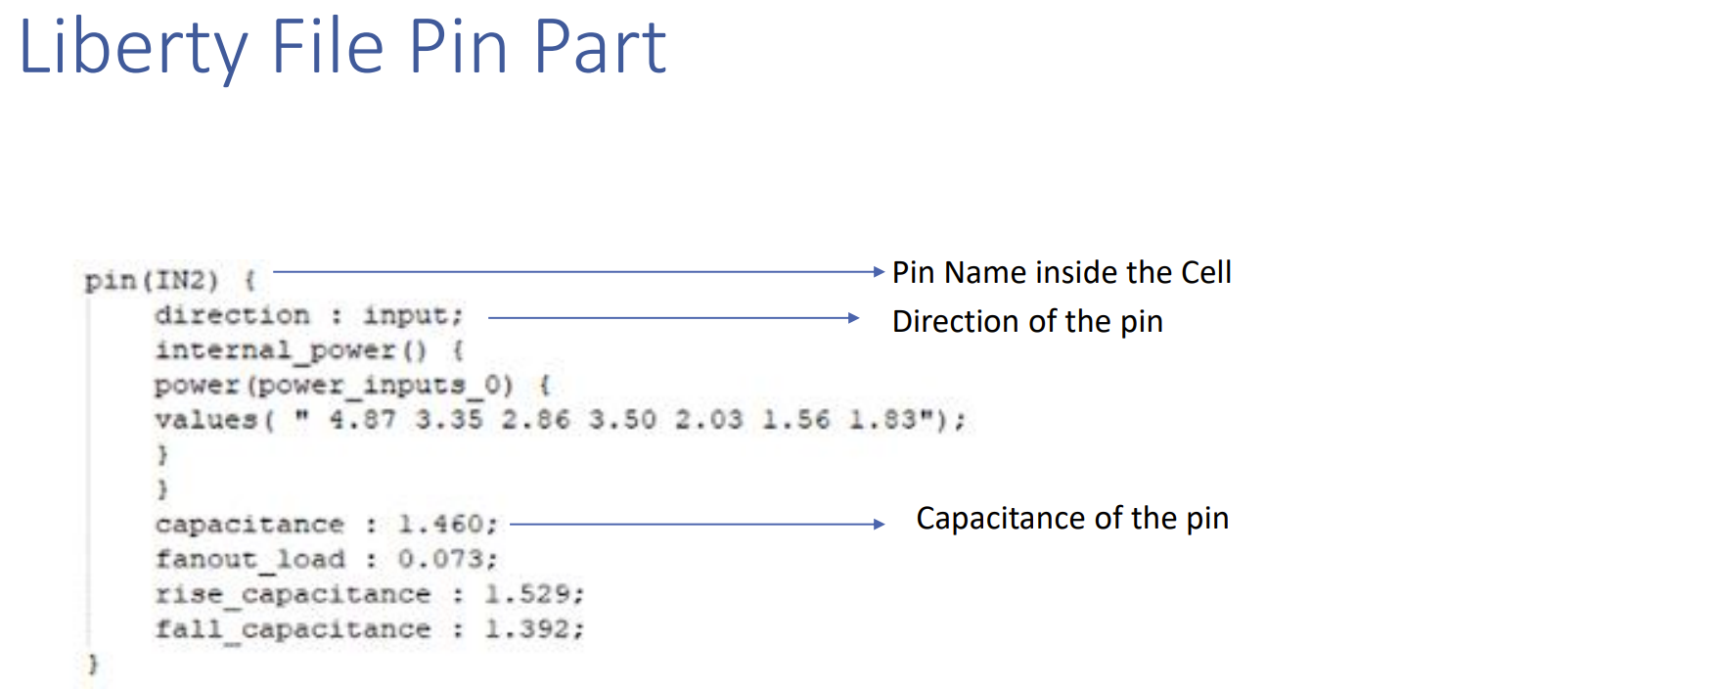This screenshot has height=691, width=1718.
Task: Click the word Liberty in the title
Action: (x=133, y=47)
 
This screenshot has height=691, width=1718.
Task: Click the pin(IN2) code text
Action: (x=152, y=281)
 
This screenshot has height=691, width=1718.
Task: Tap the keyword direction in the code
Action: (x=232, y=315)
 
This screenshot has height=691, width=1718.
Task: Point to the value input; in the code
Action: (x=413, y=315)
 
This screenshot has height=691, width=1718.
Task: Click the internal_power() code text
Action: (x=291, y=350)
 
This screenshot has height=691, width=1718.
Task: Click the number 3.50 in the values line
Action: (x=622, y=420)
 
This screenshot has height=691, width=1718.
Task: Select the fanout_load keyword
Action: (x=250, y=560)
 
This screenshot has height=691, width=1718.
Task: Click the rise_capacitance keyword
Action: (x=293, y=594)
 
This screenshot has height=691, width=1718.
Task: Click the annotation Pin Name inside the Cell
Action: (x=1062, y=272)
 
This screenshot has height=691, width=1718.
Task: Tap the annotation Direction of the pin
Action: (x=1027, y=322)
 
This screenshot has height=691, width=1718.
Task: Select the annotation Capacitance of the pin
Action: (x=1072, y=519)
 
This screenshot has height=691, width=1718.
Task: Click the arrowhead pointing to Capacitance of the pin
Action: (x=879, y=525)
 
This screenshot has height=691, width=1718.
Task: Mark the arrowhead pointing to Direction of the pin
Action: (x=853, y=318)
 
